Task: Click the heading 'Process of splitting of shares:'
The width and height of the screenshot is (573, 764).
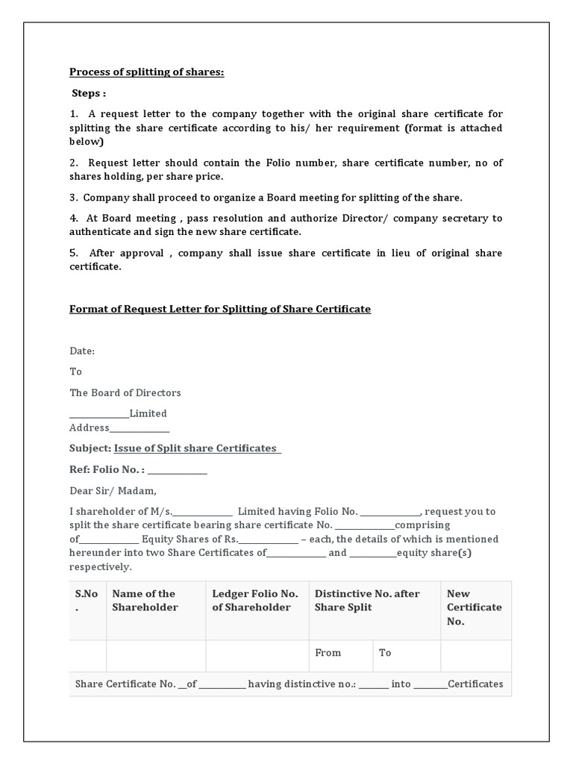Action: click(x=146, y=72)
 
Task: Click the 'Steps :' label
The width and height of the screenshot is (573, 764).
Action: click(x=89, y=94)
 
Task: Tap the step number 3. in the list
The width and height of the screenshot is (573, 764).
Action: click(x=74, y=198)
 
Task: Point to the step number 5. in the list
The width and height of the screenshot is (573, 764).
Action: click(x=74, y=253)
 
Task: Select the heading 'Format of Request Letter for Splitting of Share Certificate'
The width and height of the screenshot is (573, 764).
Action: click(x=220, y=309)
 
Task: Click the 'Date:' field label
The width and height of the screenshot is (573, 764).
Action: click(x=82, y=351)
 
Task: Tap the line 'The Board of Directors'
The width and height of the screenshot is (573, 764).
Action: click(x=125, y=392)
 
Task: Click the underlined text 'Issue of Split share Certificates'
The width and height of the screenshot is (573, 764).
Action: click(x=196, y=448)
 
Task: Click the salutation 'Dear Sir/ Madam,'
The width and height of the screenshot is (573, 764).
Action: click(x=113, y=491)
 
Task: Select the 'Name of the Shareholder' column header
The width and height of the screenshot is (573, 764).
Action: click(x=144, y=601)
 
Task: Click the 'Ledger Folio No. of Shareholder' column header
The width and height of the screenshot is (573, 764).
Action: click(x=255, y=601)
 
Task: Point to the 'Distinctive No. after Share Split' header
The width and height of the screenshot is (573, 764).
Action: click(x=367, y=601)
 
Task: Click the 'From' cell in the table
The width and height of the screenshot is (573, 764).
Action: click(x=328, y=653)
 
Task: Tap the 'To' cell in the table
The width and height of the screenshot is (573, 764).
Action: click(x=385, y=653)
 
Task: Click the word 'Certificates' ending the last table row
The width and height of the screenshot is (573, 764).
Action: click(x=475, y=684)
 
